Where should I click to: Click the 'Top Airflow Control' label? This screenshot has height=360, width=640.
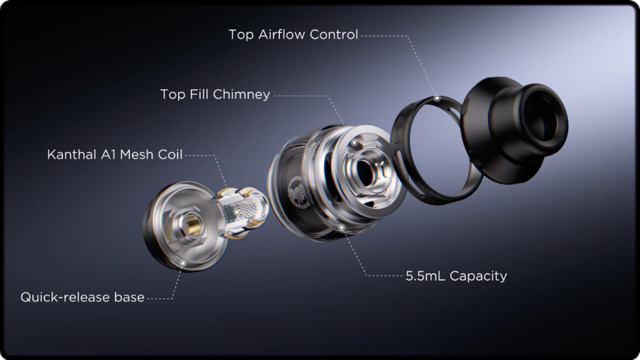293,34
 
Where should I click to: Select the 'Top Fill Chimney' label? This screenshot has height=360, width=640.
215,94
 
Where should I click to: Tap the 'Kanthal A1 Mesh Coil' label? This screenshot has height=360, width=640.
115,154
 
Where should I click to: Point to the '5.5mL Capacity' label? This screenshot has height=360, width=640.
456,276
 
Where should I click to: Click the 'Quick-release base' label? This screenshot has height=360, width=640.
82,297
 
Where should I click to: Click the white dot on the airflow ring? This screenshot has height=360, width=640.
436,99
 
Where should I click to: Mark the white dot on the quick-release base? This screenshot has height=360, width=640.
182,264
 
